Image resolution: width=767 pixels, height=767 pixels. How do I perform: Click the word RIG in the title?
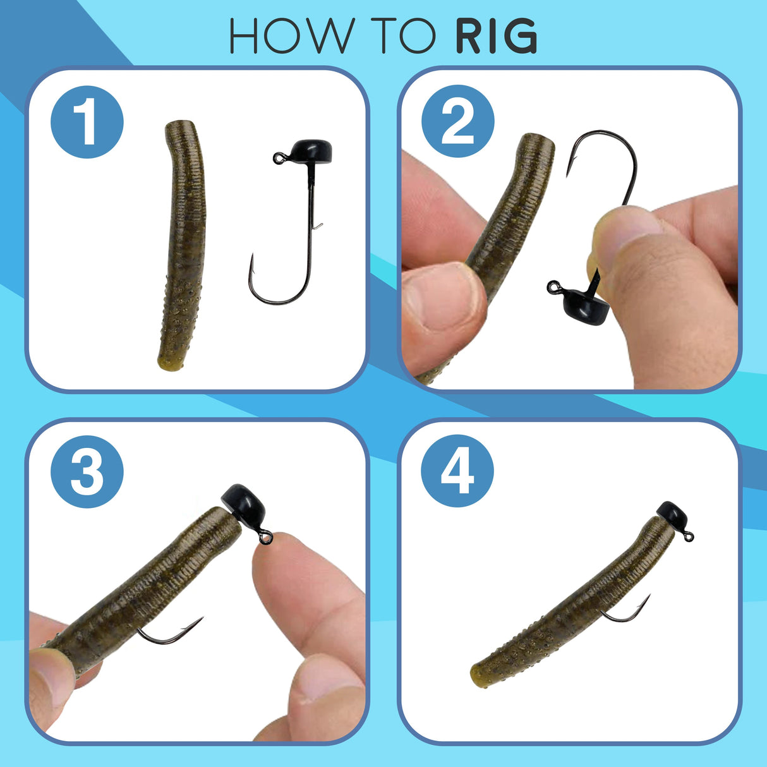pyautogui.click(x=496, y=36)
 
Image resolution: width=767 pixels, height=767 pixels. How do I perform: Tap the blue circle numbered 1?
pyautogui.click(x=87, y=122)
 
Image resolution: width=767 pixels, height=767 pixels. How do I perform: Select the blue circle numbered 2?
pyautogui.click(x=457, y=121)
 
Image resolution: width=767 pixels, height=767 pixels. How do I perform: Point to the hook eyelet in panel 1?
pyautogui.click(x=277, y=158)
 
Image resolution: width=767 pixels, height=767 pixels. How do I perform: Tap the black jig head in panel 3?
pyautogui.click(x=244, y=504)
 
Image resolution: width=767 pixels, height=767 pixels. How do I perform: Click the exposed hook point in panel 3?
pyautogui.click(x=200, y=619)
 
